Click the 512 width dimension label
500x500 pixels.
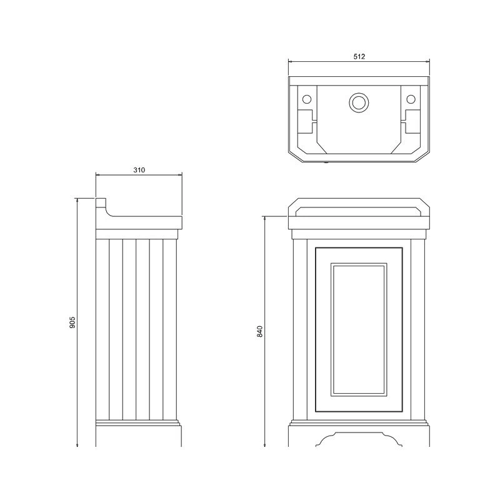coord(359,56)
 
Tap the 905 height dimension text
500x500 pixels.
coord(72,322)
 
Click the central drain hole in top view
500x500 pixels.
coord(359,101)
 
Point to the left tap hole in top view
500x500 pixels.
coord(307,99)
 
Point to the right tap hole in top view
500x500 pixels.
coord(411,99)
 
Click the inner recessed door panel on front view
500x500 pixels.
coord(359,329)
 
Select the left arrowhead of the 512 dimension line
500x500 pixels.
coord(289,61)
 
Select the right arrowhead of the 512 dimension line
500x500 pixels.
coord(429,61)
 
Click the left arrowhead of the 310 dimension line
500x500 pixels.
coord(97,175)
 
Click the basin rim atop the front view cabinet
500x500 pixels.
coord(359,217)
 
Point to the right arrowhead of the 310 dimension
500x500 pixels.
coord(180,175)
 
